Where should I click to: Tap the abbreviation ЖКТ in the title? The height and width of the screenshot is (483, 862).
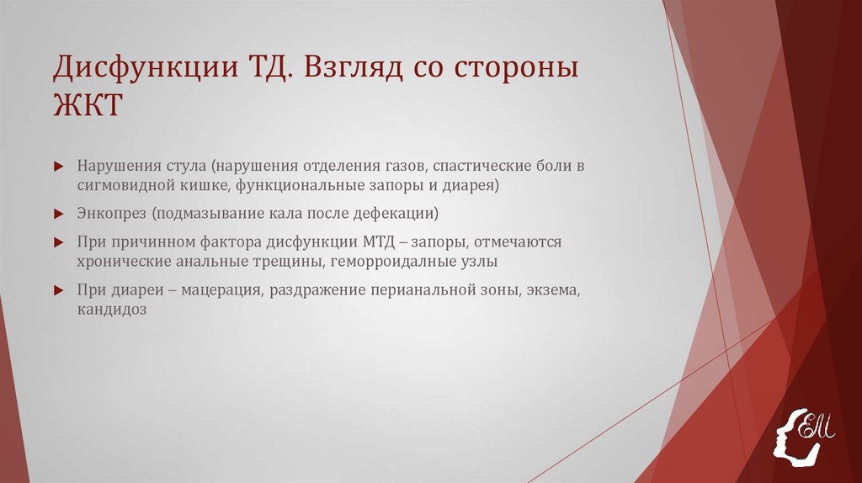[x=88, y=107]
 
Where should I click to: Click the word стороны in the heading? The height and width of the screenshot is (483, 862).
[x=517, y=68]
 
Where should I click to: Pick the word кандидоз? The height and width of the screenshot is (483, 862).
[x=112, y=310]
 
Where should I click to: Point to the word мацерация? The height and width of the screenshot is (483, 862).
[x=225, y=290]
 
